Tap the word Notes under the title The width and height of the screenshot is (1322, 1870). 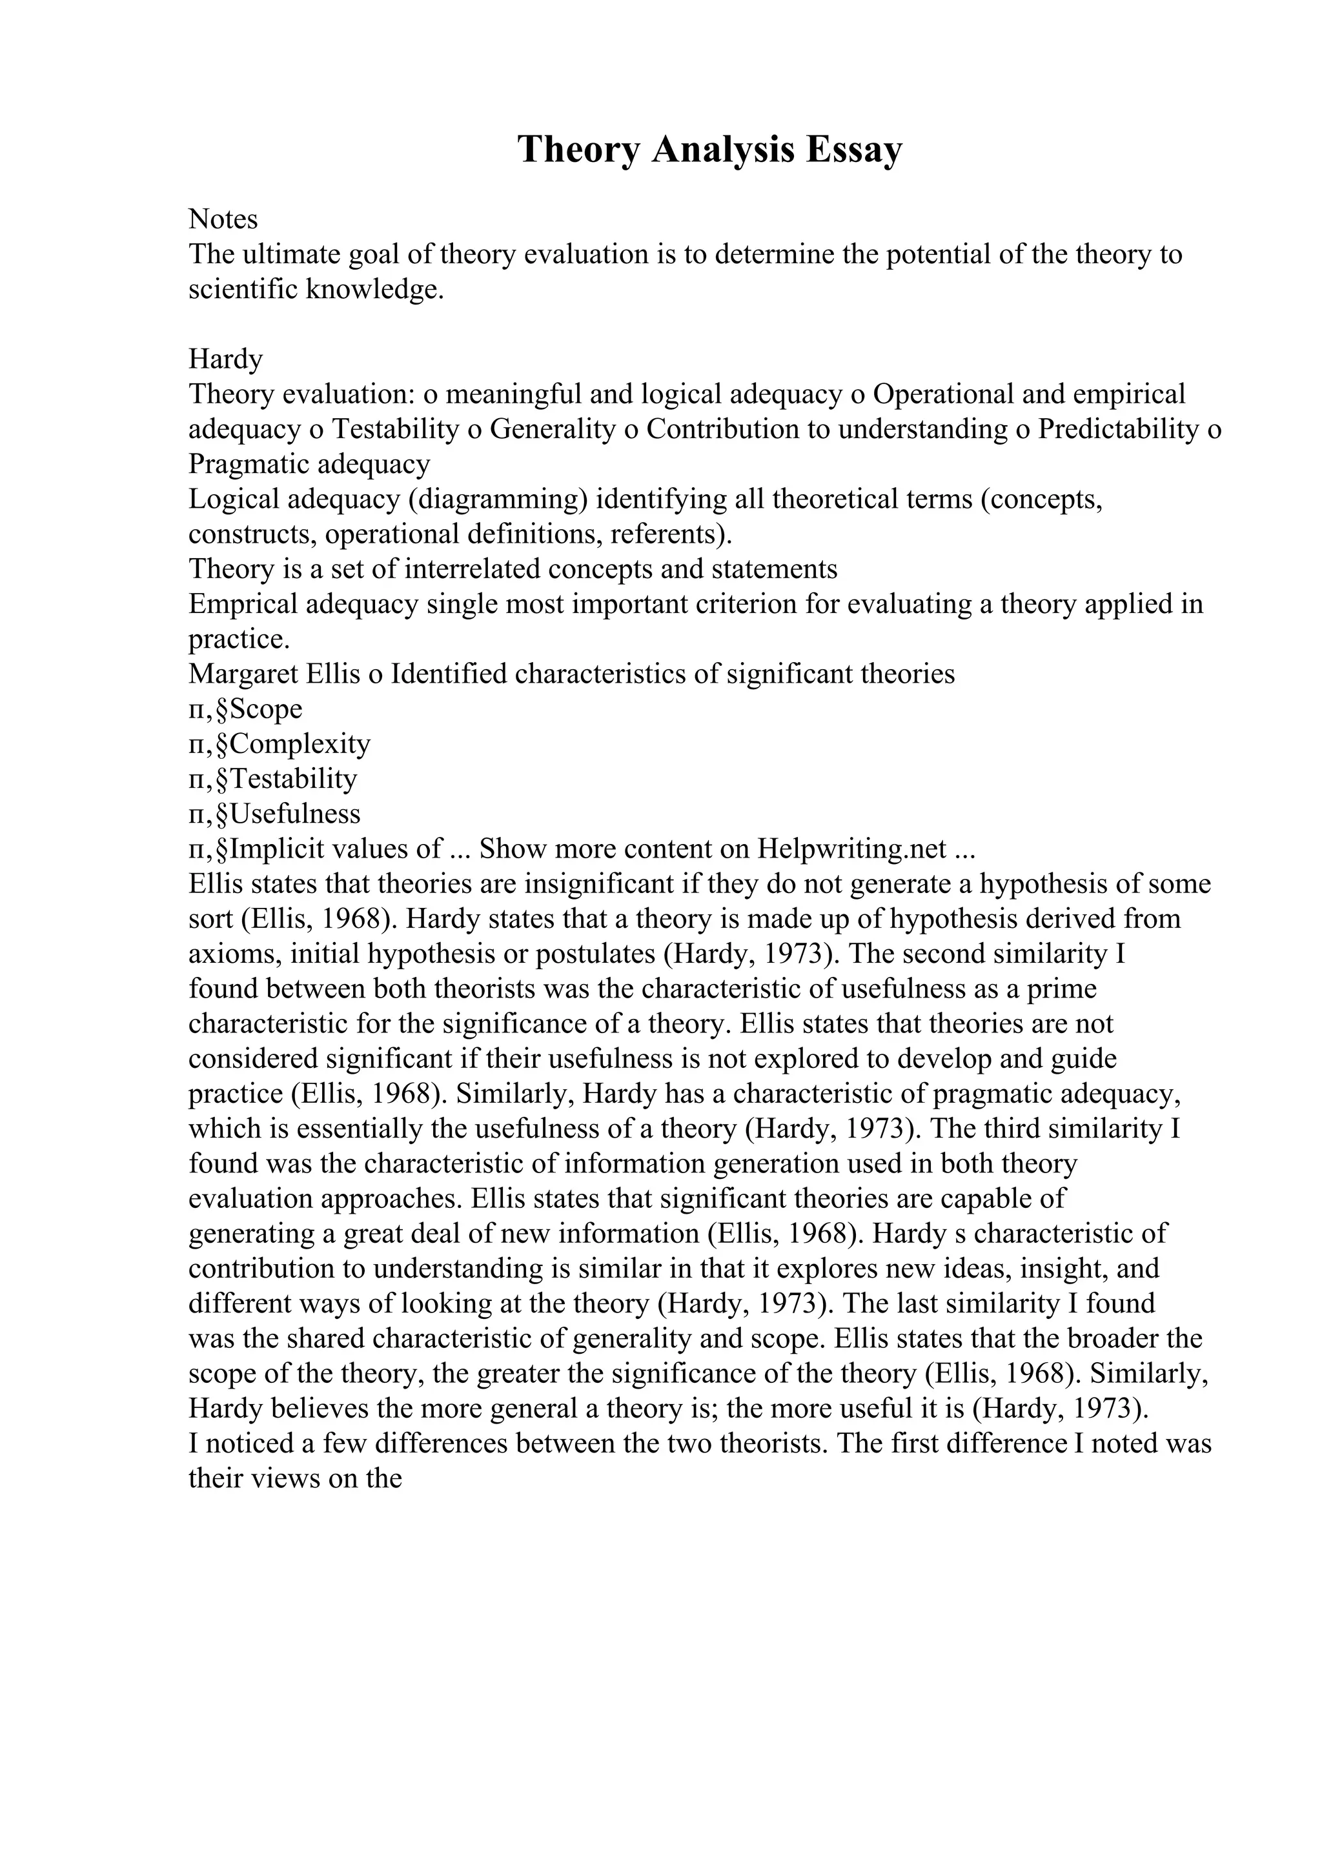tap(223, 219)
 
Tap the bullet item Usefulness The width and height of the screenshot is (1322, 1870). tap(295, 814)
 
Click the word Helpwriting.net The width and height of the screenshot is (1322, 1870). tap(852, 849)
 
